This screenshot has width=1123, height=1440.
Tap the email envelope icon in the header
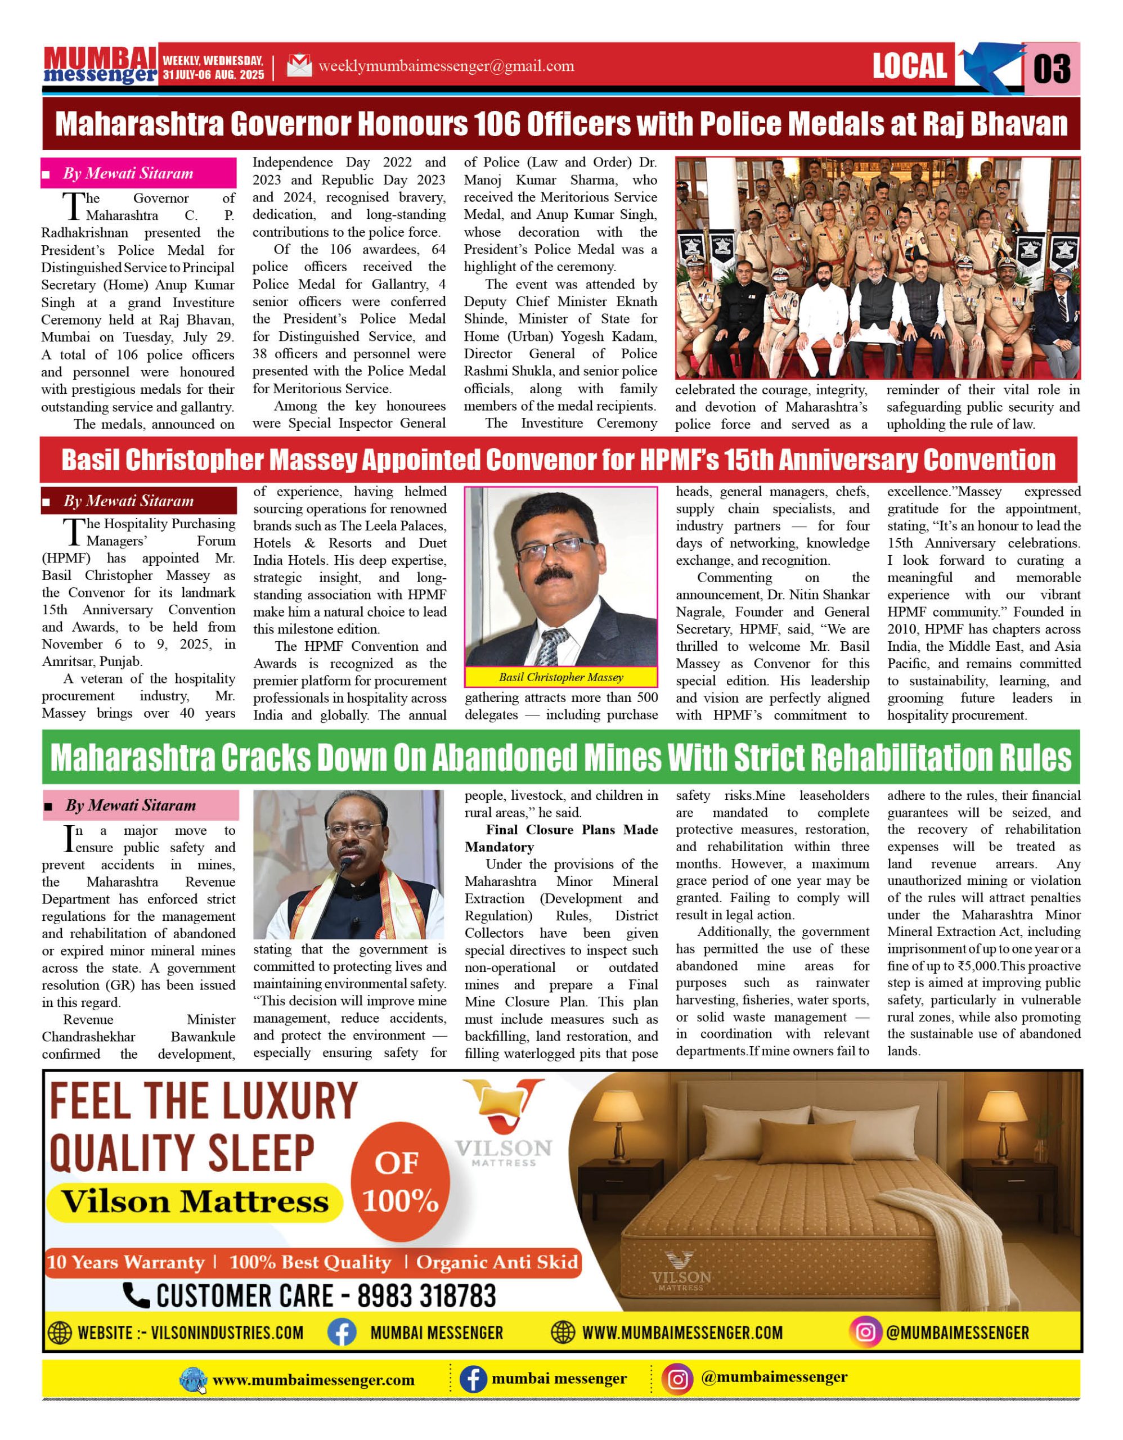(x=299, y=66)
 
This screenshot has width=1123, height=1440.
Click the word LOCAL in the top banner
(x=909, y=66)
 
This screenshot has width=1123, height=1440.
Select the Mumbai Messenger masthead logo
(x=100, y=66)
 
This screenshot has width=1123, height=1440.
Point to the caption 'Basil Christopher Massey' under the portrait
(x=560, y=677)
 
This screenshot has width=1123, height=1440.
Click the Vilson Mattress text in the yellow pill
(x=195, y=1201)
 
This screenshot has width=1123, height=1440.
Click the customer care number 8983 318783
(x=426, y=1295)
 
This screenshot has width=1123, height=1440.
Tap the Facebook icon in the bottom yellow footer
(x=473, y=1379)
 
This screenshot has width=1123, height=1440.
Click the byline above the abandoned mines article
(x=130, y=805)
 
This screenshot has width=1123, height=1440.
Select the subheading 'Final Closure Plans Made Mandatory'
(x=560, y=838)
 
